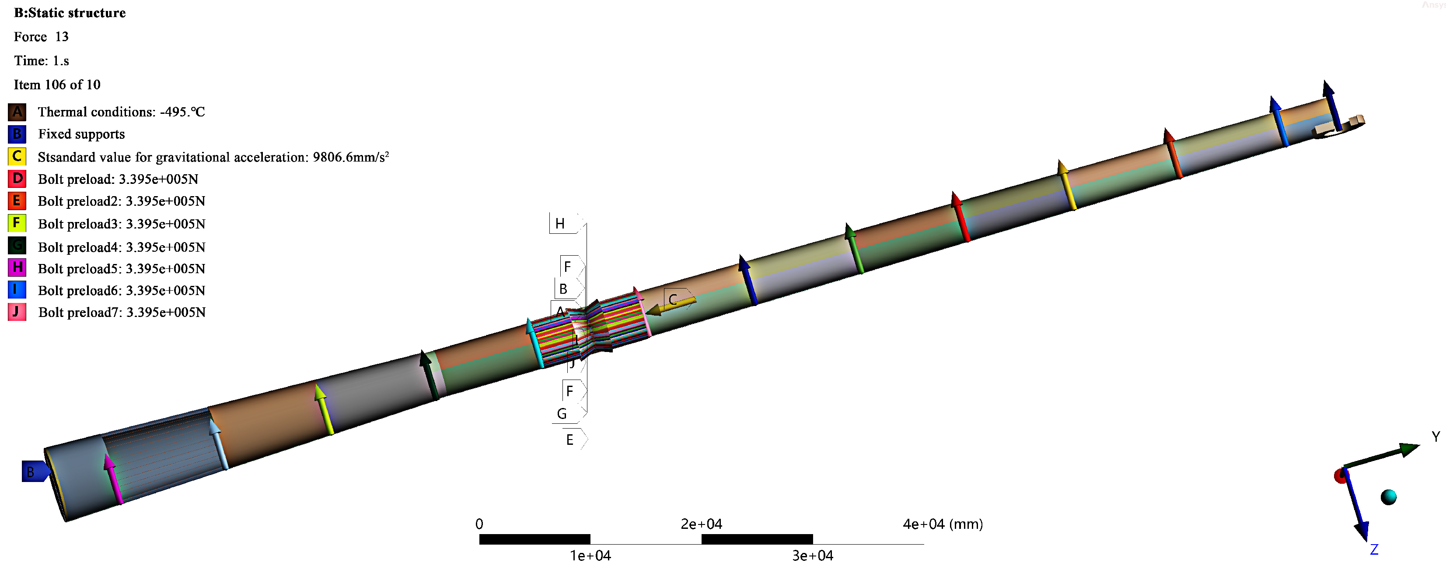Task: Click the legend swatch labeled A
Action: coord(17,112)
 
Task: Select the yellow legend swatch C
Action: coord(17,156)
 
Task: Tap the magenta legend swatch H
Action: coord(17,267)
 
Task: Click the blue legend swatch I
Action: coord(17,289)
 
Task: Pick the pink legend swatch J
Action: coord(17,312)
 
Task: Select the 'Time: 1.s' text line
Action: coord(42,61)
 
